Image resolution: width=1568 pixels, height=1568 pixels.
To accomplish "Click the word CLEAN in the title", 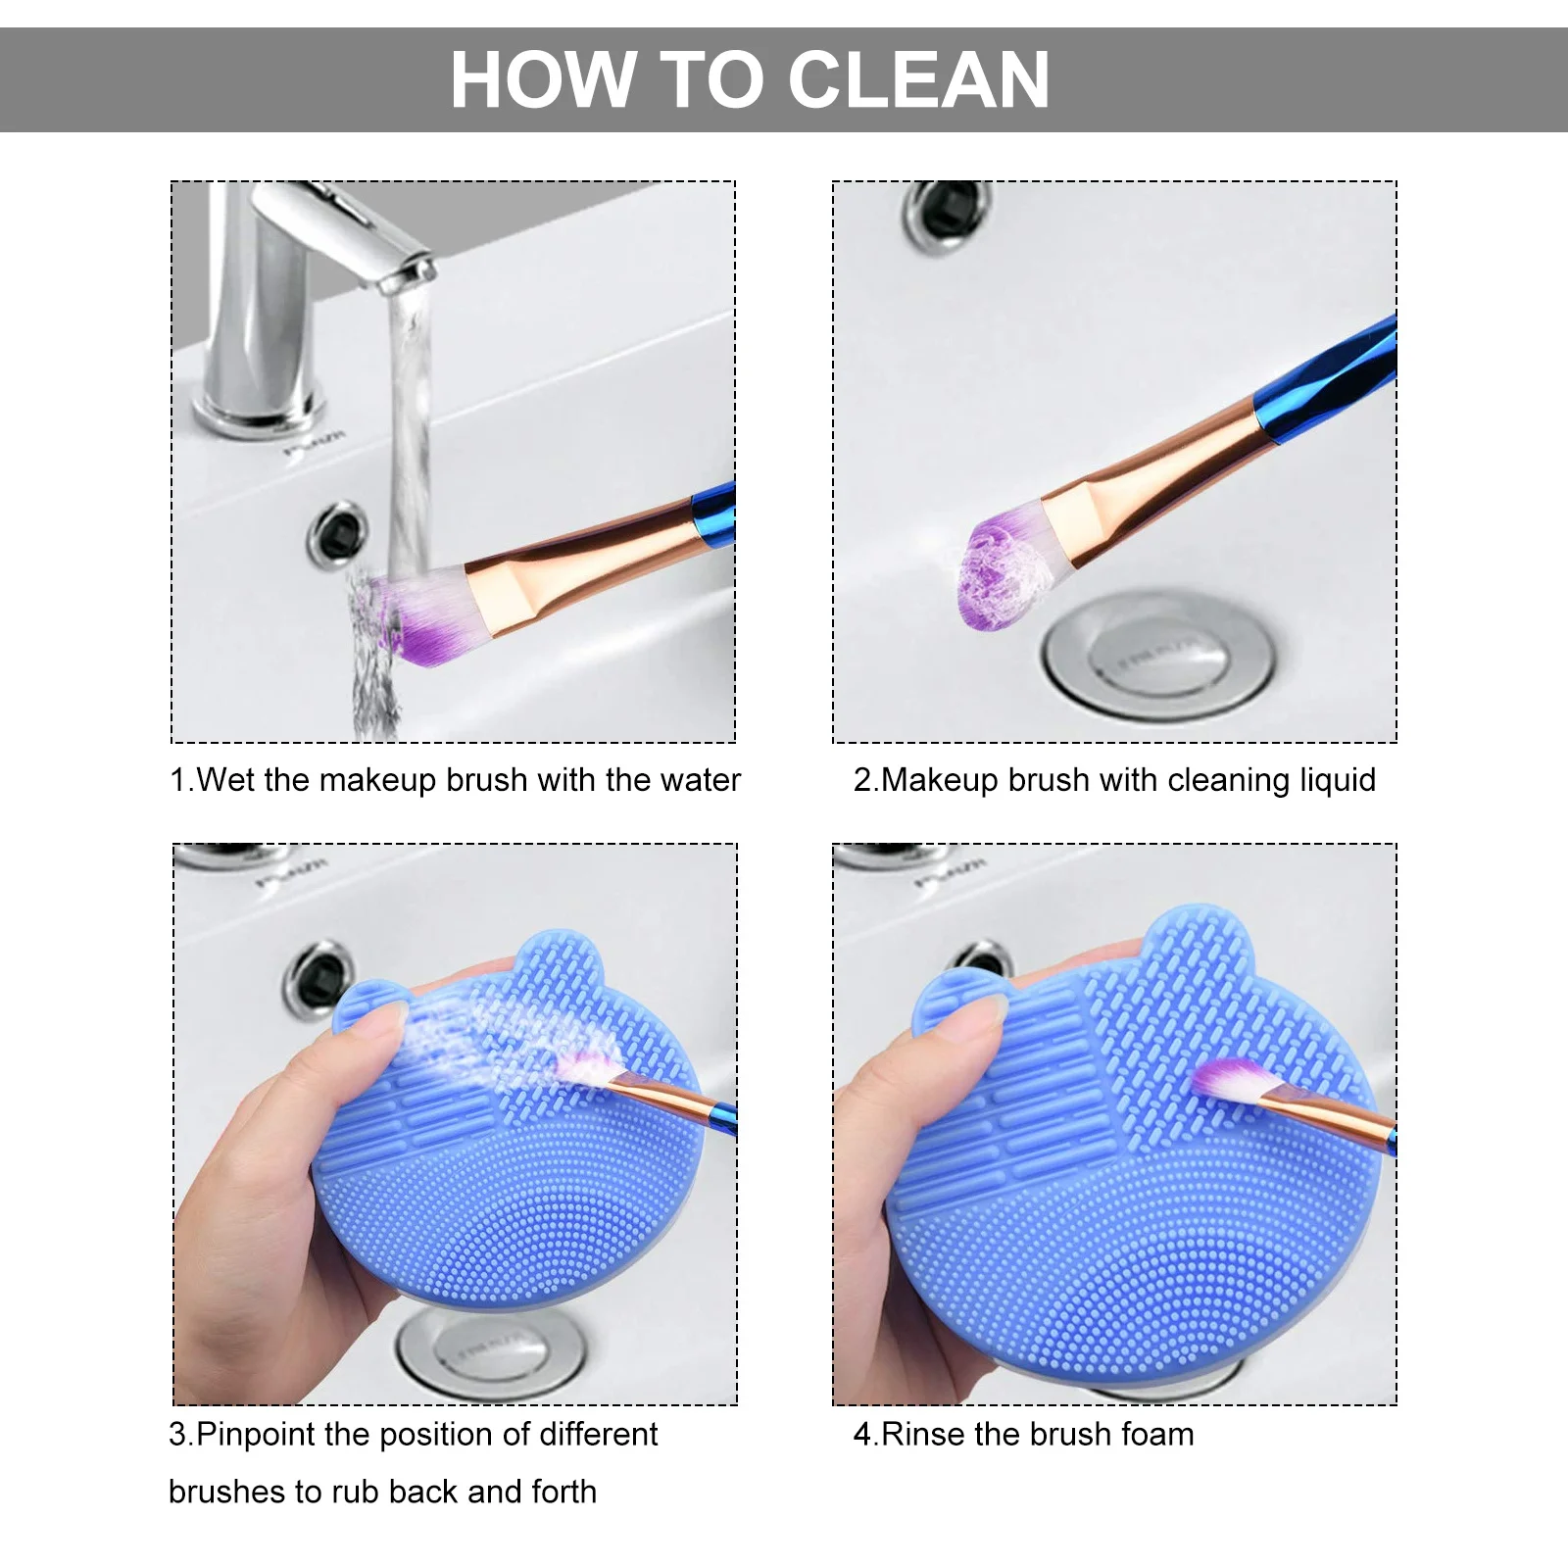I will click(918, 80).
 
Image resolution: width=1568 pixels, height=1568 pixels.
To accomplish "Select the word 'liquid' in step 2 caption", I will click(1337, 780).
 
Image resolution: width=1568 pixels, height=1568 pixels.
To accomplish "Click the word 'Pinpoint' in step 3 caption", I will click(255, 1435).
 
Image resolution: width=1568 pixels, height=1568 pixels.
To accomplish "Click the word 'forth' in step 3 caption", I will click(563, 1492).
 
